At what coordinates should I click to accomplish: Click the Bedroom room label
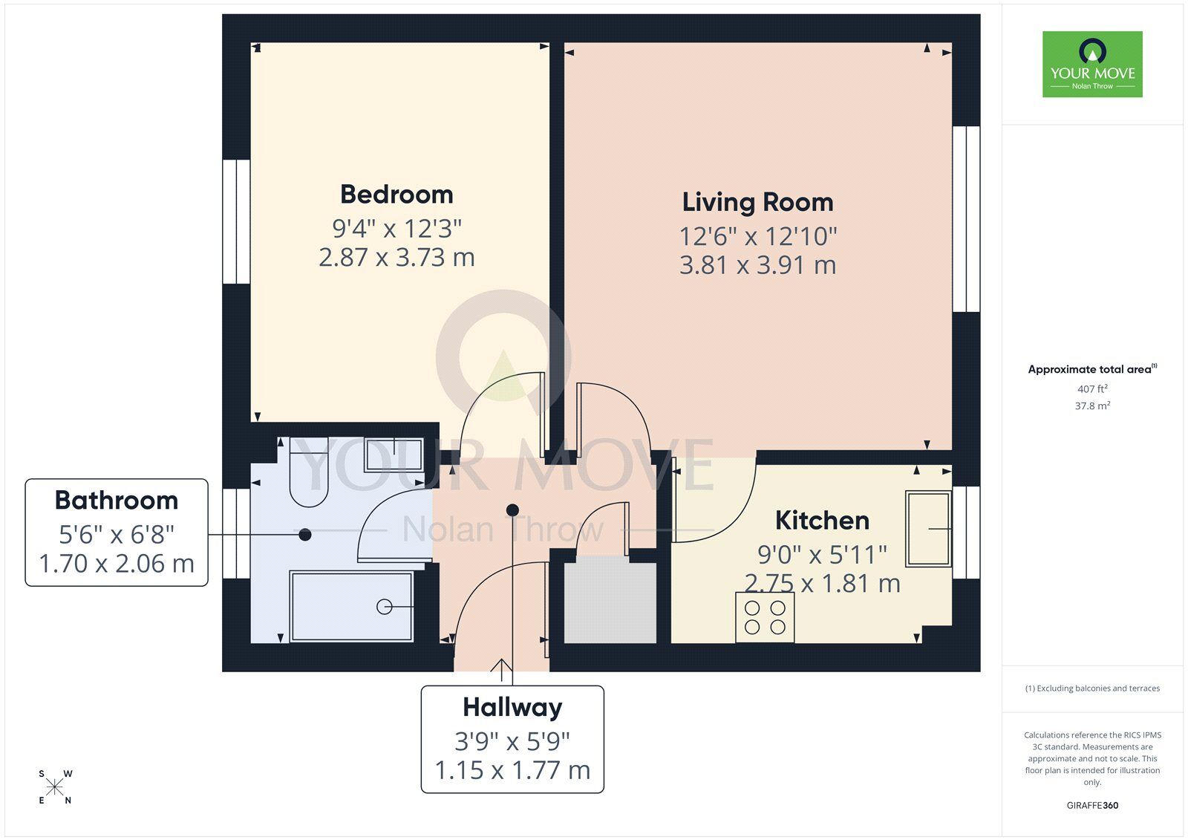(x=396, y=195)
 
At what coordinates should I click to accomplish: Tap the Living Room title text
(x=757, y=202)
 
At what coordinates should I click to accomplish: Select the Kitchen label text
(x=822, y=521)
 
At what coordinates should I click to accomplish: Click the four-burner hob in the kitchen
(x=765, y=617)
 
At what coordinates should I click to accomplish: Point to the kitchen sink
(x=928, y=529)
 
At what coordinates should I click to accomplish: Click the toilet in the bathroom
(x=308, y=475)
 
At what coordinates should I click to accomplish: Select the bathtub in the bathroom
(x=352, y=606)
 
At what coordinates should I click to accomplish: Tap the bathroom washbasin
(x=394, y=455)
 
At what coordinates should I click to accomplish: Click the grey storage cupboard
(x=610, y=603)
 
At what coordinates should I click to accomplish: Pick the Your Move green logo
(x=1092, y=64)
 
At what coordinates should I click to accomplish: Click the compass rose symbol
(x=55, y=787)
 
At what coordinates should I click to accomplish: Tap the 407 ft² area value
(x=1092, y=389)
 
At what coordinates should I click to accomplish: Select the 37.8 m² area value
(x=1092, y=406)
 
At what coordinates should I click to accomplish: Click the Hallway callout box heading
(x=512, y=707)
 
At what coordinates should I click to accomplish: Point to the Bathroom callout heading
(x=117, y=501)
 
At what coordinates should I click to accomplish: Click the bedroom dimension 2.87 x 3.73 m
(x=396, y=258)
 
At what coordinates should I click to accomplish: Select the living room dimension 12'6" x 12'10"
(x=757, y=236)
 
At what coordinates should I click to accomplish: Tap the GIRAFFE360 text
(x=1092, y=805)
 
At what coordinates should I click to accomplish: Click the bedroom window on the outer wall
(x=237, y=221)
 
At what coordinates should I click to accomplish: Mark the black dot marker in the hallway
(x=512, y=509)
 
